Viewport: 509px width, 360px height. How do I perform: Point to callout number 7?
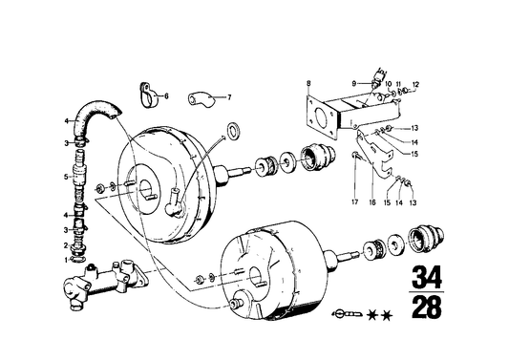229,96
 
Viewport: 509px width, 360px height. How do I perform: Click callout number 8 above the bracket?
308,85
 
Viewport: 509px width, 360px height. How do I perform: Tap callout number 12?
416,86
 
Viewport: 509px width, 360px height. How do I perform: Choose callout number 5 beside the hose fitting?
66,177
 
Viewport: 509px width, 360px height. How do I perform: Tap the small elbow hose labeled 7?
199,96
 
